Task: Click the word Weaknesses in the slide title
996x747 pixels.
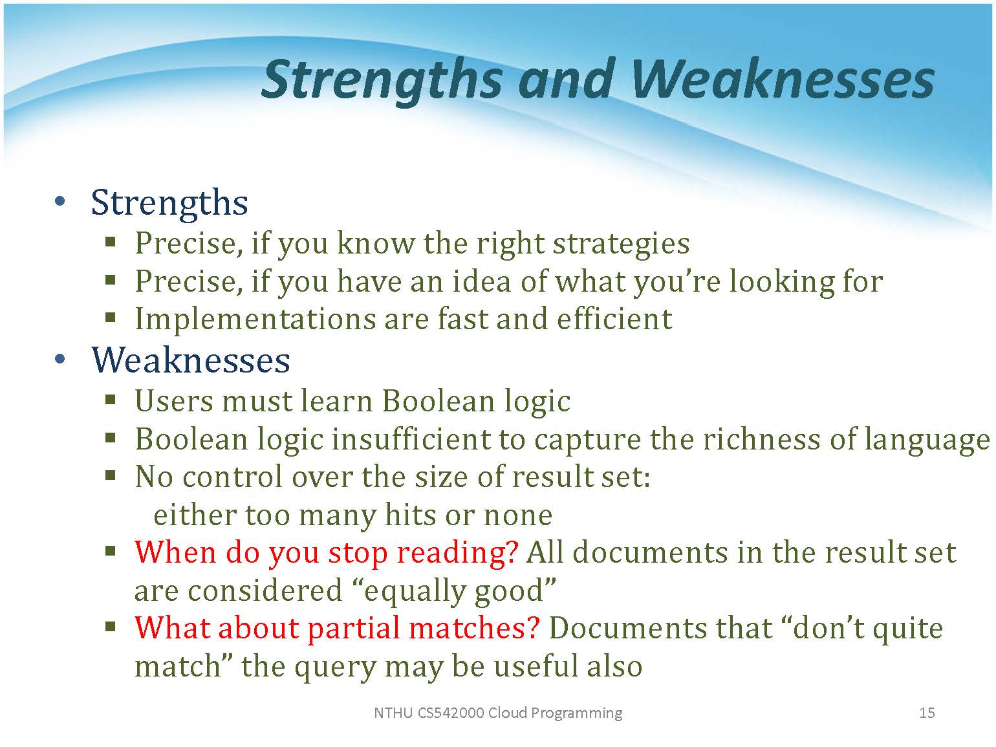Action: point(783,80)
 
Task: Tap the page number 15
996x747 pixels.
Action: point(927,713)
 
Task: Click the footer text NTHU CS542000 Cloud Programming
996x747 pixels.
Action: point(498,713)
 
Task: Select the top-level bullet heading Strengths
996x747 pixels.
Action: point(169,202)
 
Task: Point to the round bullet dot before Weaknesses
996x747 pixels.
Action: point(60,360)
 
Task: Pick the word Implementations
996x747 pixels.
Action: point(255,319)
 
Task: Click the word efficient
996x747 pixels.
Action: point(614,319)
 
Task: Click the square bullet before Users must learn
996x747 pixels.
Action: point(111,400)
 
